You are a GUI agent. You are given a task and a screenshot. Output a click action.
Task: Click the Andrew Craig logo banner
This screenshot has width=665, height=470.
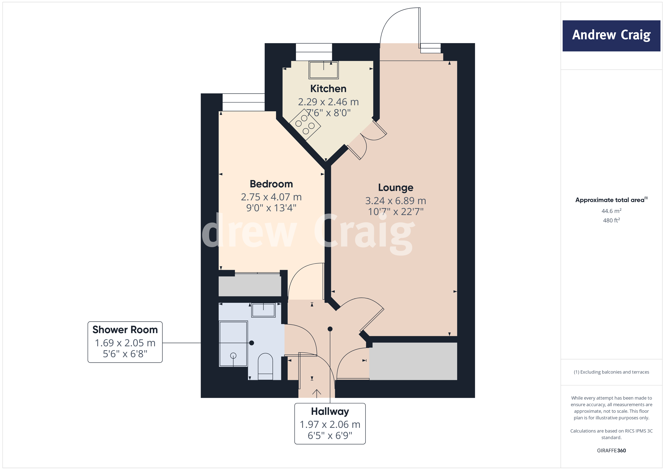pyautogui.click(x=611, y=36)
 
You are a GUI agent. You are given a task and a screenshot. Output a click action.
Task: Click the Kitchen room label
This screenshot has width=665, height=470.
pyautogui.click(x=328, y=89)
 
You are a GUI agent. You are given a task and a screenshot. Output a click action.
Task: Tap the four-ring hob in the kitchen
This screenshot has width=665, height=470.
pyautogui.click(x=305, y=125)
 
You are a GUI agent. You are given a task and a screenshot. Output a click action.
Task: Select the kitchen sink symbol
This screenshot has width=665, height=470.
pyautogui.click(x=323, y=70)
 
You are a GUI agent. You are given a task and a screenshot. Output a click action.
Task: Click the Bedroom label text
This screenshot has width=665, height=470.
pyautogui.click(x=271, y=184)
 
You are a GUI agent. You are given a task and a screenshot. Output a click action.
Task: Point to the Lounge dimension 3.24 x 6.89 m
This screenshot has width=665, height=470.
pyautogui.click(x=395, y=201)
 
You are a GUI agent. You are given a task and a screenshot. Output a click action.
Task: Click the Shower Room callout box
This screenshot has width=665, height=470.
pyautogui.click(x=125, y=342)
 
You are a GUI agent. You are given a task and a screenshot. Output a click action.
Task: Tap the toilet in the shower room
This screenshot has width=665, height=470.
pyautogui.click(x=265, y=366)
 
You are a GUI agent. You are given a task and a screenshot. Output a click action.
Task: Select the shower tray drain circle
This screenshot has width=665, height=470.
pyautogui.click(x=233, y=355)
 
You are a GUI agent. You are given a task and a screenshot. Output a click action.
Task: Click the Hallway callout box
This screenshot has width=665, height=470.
pyautogui.click(x=330, y=423)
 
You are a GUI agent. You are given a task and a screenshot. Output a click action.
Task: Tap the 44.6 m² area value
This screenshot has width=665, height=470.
pyautogui.click(x=611, y=211)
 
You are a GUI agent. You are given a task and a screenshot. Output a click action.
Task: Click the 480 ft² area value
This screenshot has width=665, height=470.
pyautogui.click(x=611, y=220)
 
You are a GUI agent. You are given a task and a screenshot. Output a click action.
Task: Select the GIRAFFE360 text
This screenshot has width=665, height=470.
pyautogui.click(x=611, y=450)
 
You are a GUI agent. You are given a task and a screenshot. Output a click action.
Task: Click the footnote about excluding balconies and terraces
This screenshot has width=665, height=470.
pyautogui.click(x=611, y=372)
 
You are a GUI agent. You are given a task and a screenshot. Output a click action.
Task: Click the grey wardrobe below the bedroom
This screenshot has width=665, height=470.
pyautogui.click(x=249, y=285)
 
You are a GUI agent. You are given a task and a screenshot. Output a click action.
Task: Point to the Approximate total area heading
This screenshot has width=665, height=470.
pyautogui.click(x=611, y=200)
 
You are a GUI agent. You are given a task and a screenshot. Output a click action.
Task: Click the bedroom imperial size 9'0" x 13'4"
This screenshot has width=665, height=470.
pyautogui.click(x=271, y=208)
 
